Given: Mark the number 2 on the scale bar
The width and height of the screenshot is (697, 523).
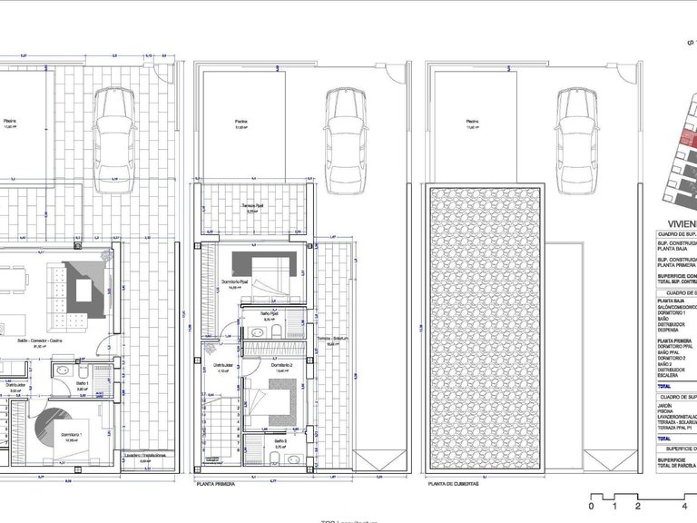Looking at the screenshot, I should coord(638,505).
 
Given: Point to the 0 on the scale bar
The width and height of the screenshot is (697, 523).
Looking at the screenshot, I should coord(591,505).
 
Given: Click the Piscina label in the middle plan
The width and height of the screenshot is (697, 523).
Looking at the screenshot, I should coord(241,122).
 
